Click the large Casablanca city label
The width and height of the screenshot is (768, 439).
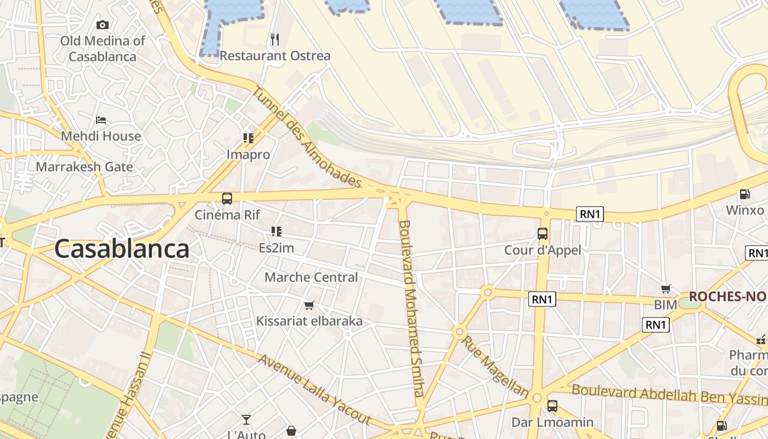point(122,249)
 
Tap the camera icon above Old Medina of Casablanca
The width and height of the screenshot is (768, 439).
point(103,25)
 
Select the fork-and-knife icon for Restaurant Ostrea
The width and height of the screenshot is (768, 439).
point(275,40)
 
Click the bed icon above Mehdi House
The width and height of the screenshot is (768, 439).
point(101,120)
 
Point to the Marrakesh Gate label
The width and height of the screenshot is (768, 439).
point(84,167)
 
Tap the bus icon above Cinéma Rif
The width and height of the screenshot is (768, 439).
point(227,199)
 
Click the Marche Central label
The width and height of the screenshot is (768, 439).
point(311,277)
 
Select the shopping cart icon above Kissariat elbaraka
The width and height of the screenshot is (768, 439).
point(309,305)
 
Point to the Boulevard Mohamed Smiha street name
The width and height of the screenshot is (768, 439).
point(411,308)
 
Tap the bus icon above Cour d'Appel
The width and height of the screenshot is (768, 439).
point(543,234)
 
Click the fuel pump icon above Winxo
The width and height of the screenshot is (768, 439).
point(745,194)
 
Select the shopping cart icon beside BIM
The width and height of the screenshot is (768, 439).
point(666,289)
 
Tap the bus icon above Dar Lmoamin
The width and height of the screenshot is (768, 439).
point(552,406)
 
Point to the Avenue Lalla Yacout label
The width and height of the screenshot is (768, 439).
point(315,390)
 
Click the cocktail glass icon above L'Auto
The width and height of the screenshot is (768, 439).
point(246,420)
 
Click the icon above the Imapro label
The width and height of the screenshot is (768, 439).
point(249,138)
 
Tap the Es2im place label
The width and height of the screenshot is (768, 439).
point(276,248)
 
